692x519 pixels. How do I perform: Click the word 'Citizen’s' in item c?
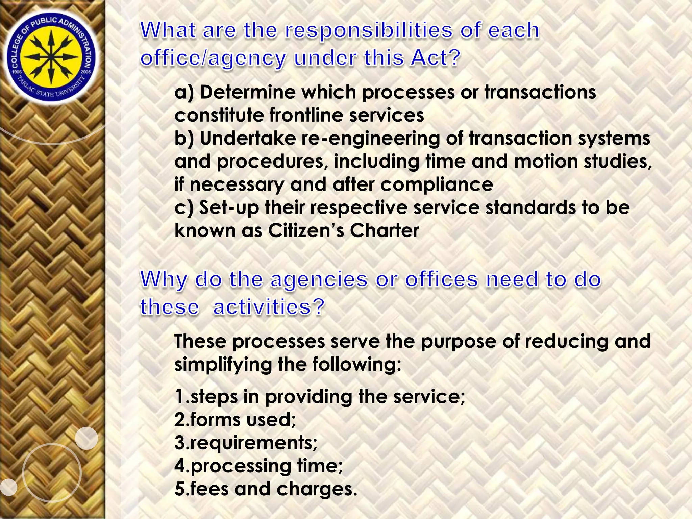pos(306,230)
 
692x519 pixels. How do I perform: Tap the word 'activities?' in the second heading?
pos(269,307)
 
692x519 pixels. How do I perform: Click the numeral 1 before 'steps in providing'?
pos(179,397)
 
